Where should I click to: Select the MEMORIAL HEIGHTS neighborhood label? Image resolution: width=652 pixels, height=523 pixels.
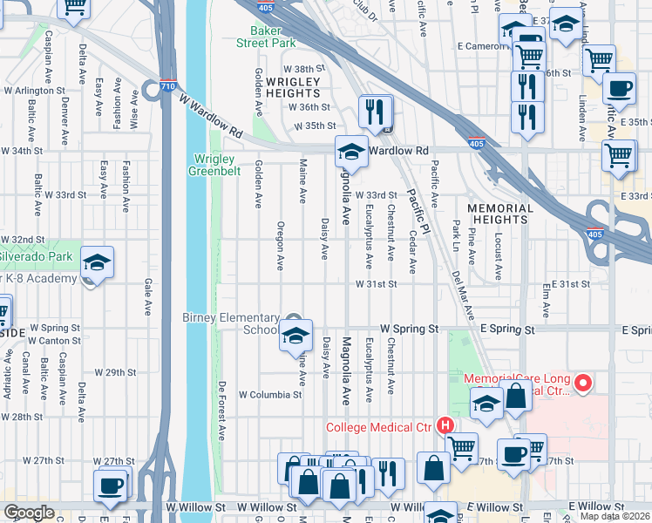[x=499, y=214]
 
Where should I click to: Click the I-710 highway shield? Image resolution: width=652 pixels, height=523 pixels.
[x=171, y=86]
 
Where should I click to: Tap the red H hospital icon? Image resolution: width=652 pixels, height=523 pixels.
[x=445, y=425]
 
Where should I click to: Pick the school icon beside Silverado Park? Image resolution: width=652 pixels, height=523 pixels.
[x=98, y=262]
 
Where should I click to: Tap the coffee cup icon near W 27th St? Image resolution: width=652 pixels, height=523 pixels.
[x=112, y=486]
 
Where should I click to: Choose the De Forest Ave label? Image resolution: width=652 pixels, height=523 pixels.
[x=223, y=409]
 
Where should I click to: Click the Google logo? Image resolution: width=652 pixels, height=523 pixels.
[x=29, y=513]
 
